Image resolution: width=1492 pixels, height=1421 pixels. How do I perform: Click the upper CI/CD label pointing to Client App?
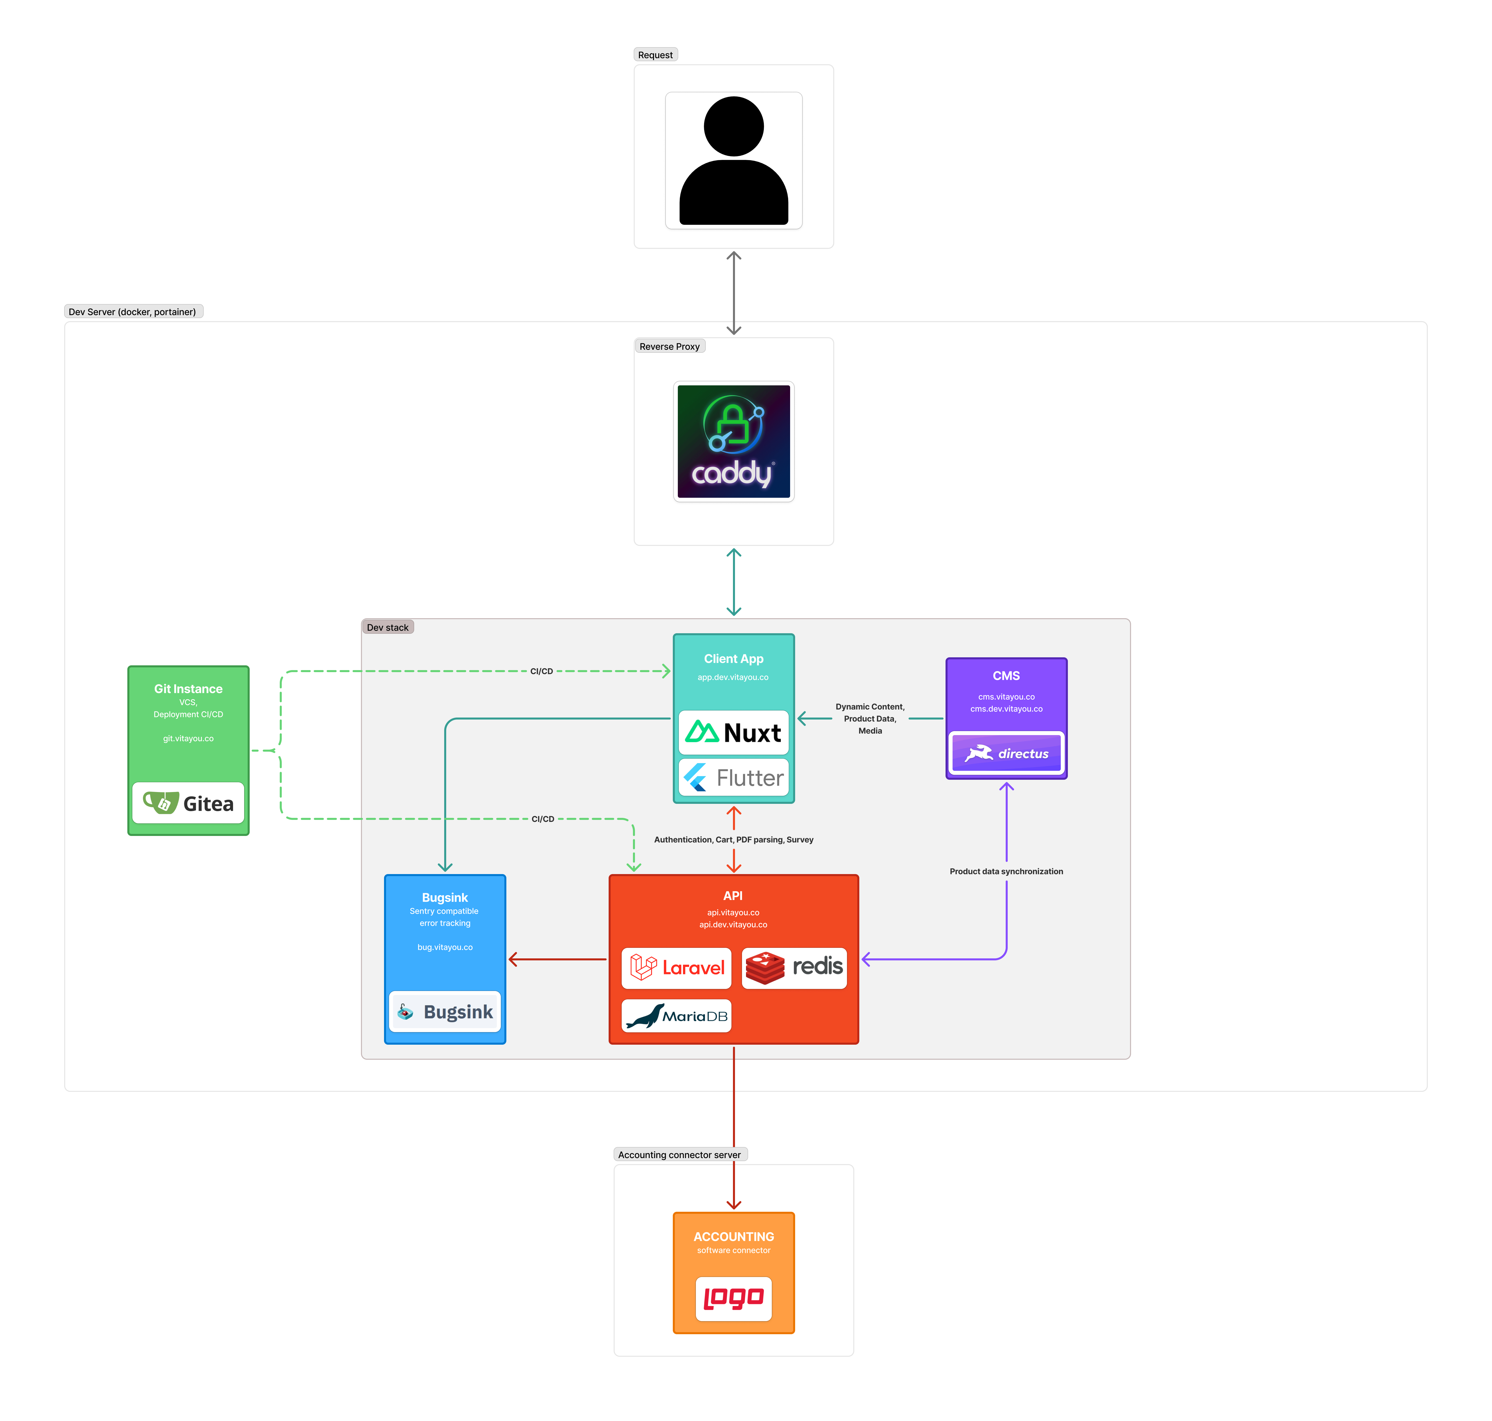tap(541, 671)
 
